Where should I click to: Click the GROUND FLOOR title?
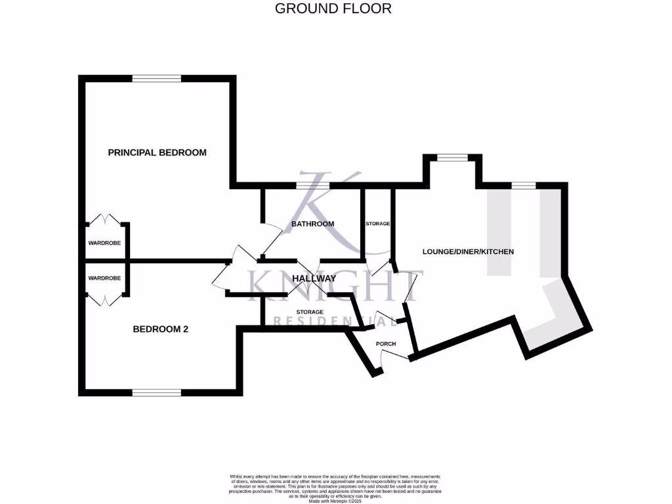click(333, 9)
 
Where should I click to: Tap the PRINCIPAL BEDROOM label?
click(157, 152)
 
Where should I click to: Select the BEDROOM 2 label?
click(161, 329)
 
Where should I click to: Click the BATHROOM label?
click(312, 224)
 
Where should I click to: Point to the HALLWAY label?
click(314, 278)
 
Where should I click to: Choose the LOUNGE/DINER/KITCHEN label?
click(468, 251)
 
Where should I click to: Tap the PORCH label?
click(386, 344)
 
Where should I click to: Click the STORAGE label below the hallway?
click(309, 312)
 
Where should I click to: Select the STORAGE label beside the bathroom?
click(377, 224)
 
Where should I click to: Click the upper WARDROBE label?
click(105, 243)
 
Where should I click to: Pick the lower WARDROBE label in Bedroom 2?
click(105, 278)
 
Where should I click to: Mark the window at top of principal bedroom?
click(156, 78)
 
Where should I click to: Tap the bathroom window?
click(312, 186)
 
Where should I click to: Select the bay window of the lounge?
click(452, 157)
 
